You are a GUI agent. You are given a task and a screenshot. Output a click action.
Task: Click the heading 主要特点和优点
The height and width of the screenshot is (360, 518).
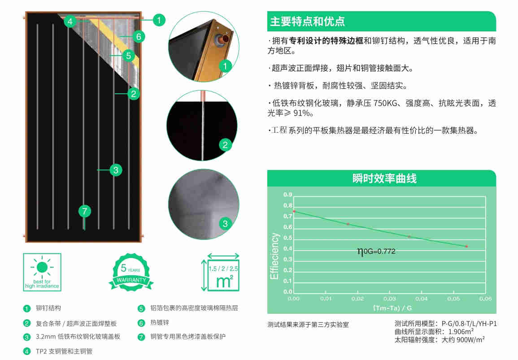(307, 22)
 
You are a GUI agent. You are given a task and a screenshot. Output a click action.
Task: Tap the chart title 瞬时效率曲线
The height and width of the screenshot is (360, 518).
(384, 178)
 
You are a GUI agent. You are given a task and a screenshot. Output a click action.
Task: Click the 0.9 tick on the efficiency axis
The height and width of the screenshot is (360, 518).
(288, 195)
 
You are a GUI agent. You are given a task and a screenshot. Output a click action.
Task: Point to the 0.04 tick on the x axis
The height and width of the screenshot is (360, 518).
(422, 299)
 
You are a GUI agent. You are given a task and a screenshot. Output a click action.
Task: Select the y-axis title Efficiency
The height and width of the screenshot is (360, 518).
(274, 256)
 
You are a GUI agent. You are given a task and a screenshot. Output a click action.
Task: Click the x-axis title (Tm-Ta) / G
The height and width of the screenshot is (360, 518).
(392, 308)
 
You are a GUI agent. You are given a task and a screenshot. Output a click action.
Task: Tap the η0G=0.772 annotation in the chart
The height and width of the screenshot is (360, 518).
(376, 252)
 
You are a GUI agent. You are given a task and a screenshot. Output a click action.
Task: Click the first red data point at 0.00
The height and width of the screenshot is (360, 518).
(294, 211)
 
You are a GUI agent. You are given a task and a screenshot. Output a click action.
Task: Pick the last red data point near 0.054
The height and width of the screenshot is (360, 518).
(466, 247)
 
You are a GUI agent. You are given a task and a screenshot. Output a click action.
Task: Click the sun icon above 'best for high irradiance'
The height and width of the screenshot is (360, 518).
(42, 267)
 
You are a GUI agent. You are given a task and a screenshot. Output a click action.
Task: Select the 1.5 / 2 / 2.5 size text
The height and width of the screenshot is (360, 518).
(223, 269)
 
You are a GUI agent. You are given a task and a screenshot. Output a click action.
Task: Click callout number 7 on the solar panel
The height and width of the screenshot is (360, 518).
(85, 211)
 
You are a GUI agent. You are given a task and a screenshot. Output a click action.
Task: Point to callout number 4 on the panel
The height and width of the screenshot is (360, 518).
(70, 22)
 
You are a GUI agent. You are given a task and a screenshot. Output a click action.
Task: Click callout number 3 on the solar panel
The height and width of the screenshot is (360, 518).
(116, 170)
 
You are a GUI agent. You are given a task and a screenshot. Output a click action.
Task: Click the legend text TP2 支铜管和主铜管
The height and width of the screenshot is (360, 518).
(64, 351)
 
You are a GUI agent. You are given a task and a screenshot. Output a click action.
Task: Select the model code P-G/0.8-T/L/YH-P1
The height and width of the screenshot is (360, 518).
(469, 324)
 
